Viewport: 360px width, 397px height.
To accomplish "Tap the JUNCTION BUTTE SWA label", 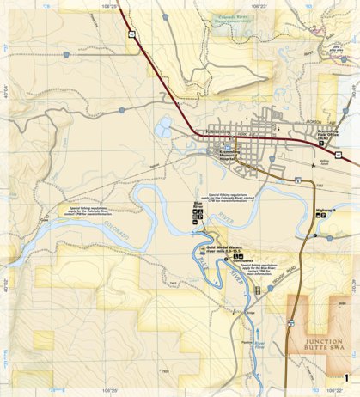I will [x=312, y=345].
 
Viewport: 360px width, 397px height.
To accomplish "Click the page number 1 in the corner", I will [x=345, y=378].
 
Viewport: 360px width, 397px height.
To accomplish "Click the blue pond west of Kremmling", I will [x=163, y=129].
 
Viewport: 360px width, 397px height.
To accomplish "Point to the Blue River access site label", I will [x=197, y=207].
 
